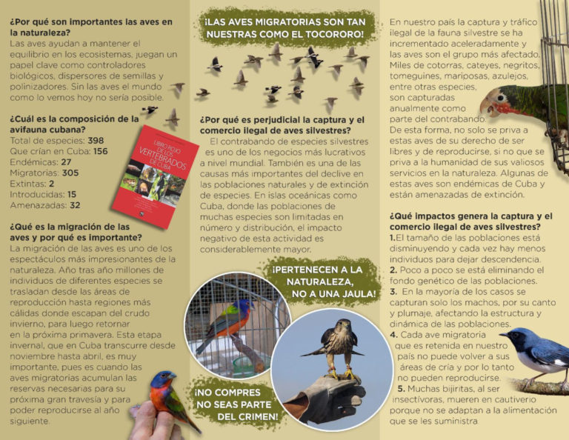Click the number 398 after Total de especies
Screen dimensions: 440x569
(x=96, y=140)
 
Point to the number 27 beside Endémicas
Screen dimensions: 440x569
(x=67, y=161)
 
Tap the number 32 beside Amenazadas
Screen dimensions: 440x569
(x=75, y=204)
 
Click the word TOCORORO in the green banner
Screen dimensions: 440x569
(x=336, y=34)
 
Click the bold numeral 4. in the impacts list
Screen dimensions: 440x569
(x=394, y=335)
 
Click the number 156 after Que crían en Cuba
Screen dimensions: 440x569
(x=101, y=150)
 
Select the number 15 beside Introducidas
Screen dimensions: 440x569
(x=72, y=194)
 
